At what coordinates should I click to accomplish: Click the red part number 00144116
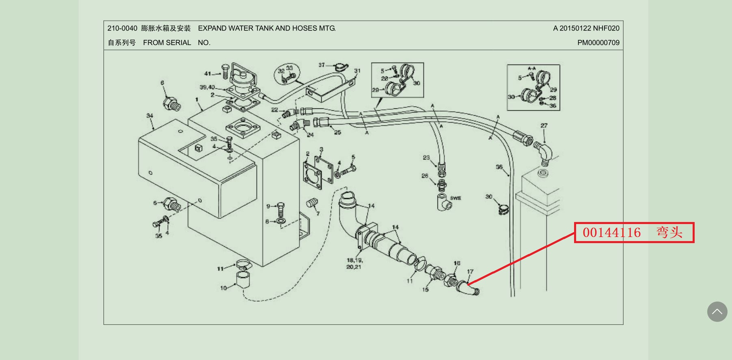(x=611, y=233)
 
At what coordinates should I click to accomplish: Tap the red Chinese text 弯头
(x=669, y=233)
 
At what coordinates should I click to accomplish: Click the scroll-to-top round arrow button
(x=717, y=312)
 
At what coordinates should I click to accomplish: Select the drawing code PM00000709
(x=598, y=43)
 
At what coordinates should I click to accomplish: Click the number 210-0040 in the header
(x=122, y=28)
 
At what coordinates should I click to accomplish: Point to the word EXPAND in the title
(x=212, y=28)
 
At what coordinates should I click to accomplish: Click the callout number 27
(x=544, y=126)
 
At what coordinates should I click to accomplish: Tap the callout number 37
(x=322, y=65)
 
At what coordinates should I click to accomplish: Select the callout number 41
(x=207, y=74)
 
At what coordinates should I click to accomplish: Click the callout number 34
(x=150, y=116)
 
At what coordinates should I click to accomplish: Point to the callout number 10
(x=223, y=288)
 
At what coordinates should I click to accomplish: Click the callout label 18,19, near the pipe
(x=354, y=260)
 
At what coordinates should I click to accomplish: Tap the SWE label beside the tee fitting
(x=456, y=198)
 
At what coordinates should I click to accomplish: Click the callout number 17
(x=470, y=272)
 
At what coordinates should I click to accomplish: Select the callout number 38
(x=499, y=167)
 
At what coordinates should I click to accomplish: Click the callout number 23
(x=426, y=157)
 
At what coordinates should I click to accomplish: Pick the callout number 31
(x=357, y=71)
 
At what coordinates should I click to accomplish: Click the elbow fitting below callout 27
(x=544, y=153)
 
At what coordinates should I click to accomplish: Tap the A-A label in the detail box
(x=531, y=69)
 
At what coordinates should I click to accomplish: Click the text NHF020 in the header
(x=606, y=28)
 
